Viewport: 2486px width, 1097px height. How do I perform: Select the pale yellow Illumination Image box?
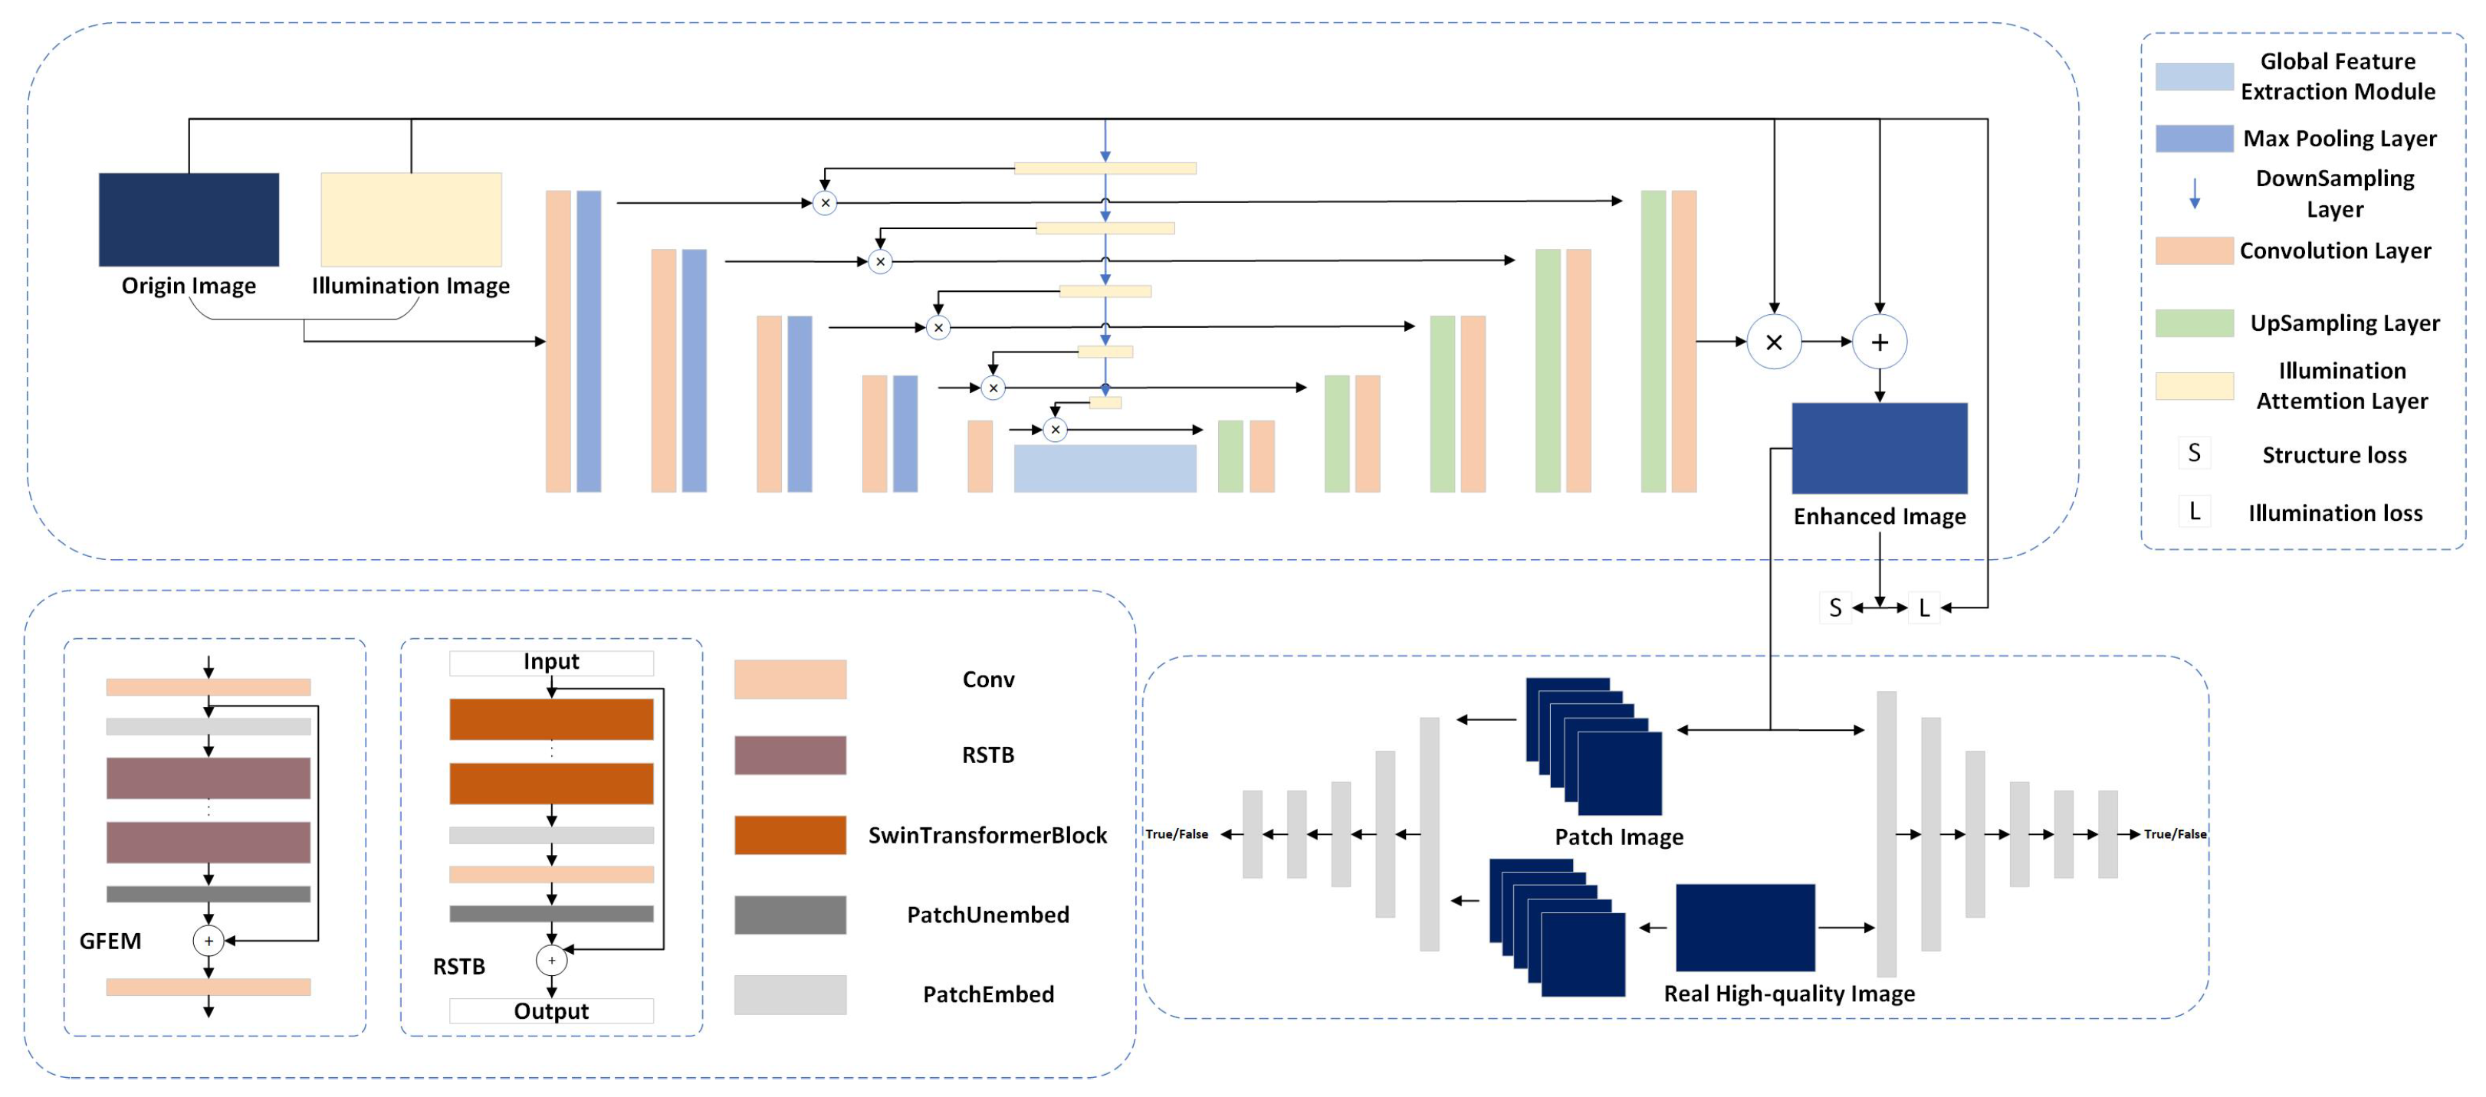[x=410, y=219]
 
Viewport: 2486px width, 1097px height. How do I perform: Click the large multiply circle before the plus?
[x=1773, y=342]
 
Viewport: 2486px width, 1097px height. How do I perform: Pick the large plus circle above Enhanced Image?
[x=1878, y=342]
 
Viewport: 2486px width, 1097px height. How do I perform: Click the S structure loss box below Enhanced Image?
[x=1834, y=607]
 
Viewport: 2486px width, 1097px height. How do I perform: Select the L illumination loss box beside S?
[x=1923, y=607]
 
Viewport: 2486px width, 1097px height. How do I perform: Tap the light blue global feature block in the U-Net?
[x=1104, y=468]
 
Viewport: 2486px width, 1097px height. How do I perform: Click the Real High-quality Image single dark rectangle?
[x=1744, y=926]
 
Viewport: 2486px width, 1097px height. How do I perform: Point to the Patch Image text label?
[x=1617, y=837]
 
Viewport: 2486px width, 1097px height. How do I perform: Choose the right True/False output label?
[x=2174, y=833]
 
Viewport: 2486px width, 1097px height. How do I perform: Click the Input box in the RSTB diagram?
[x=551, y=662]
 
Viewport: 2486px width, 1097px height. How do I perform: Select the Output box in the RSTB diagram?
[x=551, y=1010]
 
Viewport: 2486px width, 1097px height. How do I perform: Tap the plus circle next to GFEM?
[x=209, y=940]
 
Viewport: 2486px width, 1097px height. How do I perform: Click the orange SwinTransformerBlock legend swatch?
[x=790, y=834]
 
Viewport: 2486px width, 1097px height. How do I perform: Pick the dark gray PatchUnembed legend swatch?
[x=790, y=914]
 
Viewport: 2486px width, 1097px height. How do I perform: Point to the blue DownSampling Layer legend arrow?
[x=2194, y=193]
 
